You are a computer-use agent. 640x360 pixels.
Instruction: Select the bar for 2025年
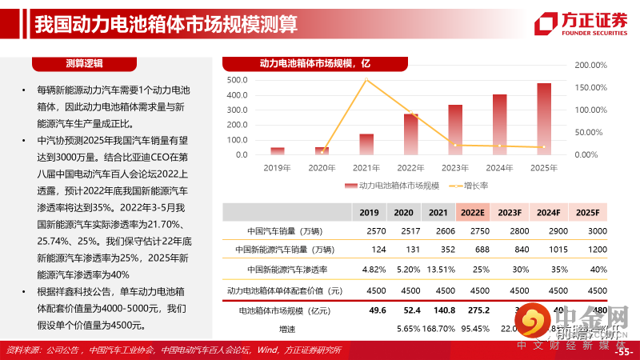[544, 118]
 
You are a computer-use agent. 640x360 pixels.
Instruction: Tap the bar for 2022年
[410, 134]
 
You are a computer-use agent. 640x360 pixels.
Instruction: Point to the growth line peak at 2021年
[366, 78]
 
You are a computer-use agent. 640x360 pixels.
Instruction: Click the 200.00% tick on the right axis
[591, 65]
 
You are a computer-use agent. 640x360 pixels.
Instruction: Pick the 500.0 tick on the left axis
[238, 80]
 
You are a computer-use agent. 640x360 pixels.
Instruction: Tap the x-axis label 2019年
[277, 167]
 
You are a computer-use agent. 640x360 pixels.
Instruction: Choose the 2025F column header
[587, 212]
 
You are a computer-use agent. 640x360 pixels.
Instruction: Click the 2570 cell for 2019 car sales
[369, 230]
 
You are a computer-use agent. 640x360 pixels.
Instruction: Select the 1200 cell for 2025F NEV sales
[587, 250]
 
